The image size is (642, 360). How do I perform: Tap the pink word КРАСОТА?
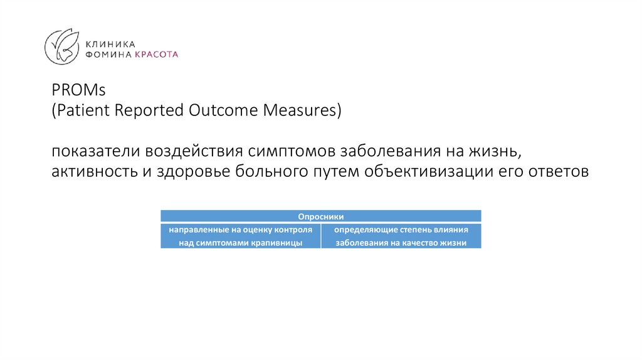pyautogui.click(x=157, y=55)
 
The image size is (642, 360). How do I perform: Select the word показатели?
pyautogui.click(x=96, y=152)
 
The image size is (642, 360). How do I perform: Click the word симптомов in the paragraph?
pyautogui.click(x=290, y=152)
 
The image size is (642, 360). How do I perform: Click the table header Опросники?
pyautogui.click(x=321, y=216)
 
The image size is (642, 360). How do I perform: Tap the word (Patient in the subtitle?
pyautogui.click(x=77, y=110)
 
